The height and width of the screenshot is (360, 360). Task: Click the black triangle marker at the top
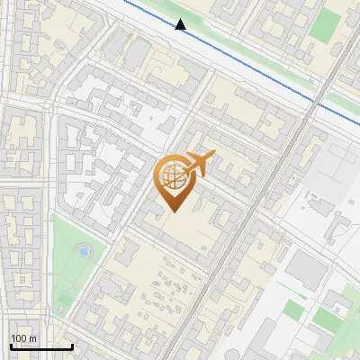click(x=181, y=25)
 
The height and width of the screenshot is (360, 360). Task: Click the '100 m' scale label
click(x=23, y=338)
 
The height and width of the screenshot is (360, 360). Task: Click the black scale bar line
click(x=41, y=346)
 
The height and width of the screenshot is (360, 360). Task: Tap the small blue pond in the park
click(x=84, y=251)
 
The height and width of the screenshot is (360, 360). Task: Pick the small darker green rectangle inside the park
click(x=293, y=310)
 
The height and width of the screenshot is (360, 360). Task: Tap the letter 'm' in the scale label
click(x=32, y=338)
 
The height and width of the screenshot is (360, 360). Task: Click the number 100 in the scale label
click(x=19, y=338)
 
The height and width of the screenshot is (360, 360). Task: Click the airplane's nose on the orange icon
click(x=214, y=156)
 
